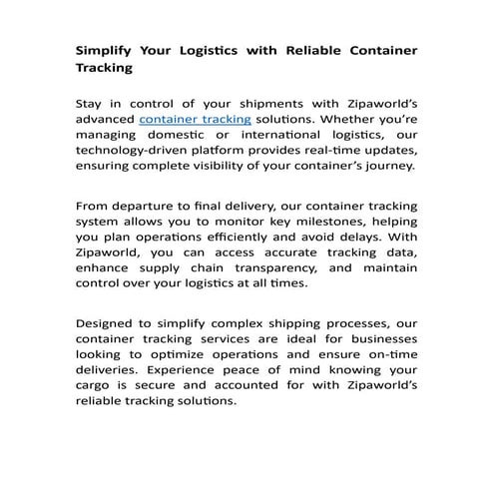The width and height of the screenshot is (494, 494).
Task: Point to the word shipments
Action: click(x=263, y=103)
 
